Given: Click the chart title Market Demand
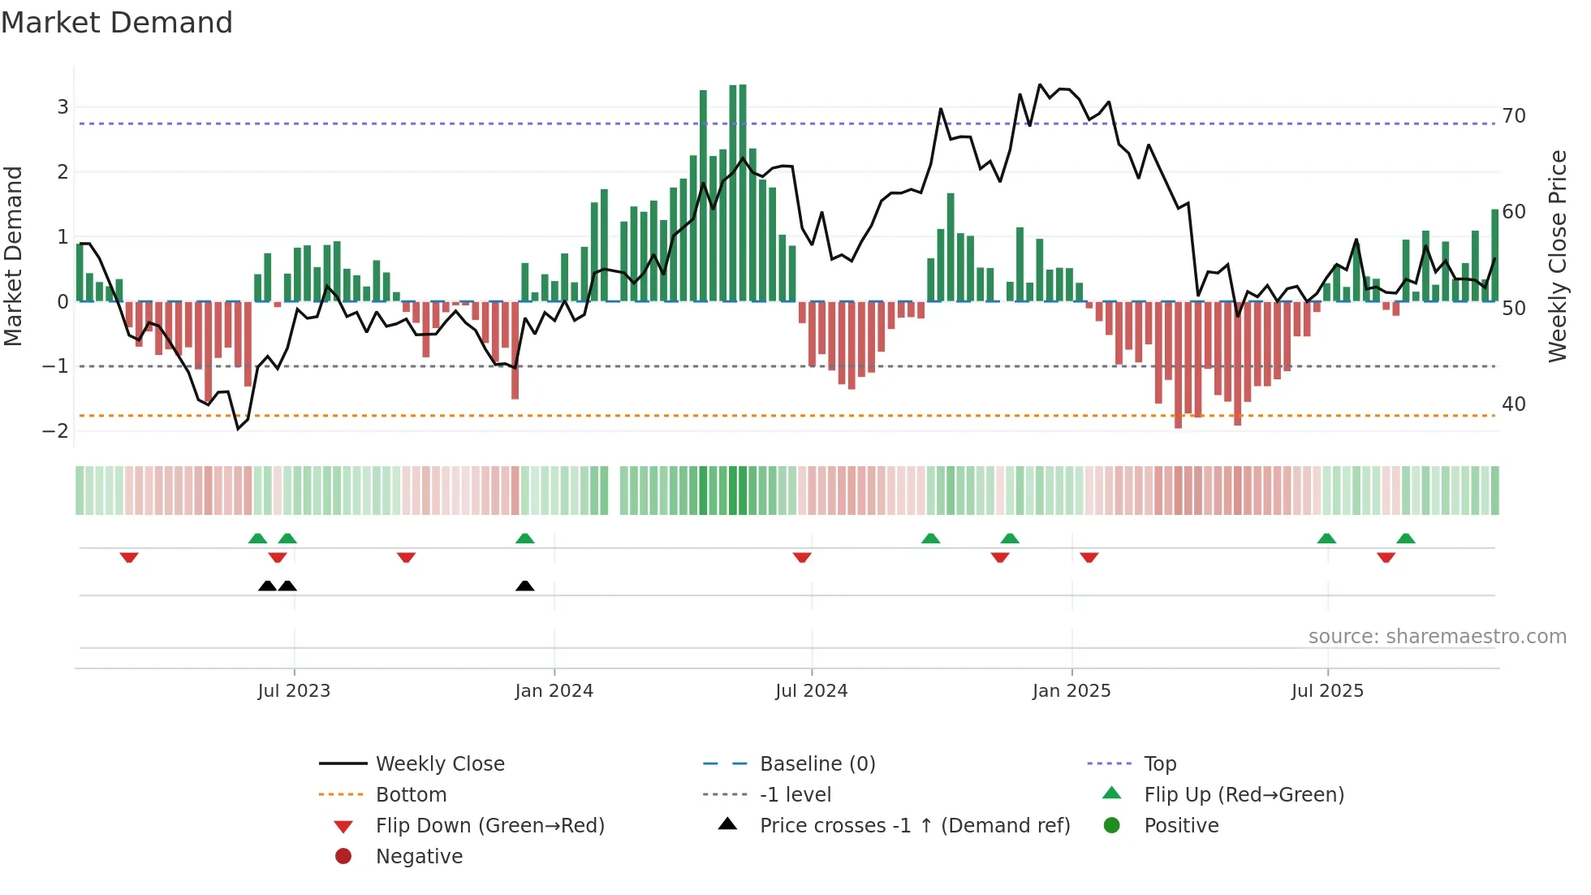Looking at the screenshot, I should (117, 23).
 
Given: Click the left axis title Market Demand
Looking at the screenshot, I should (14, 256).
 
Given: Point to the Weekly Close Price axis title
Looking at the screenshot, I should (1557, 256).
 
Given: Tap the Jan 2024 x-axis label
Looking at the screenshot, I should (554, 691).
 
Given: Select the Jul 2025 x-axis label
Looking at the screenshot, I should (1327, 691).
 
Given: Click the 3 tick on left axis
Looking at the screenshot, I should (63, 107).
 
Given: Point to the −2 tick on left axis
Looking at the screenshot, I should (55, 431).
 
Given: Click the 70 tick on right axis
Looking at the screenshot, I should (1513, 116).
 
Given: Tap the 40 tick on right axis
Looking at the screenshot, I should (1513, 404).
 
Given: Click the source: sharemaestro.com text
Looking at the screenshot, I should (1437, 637).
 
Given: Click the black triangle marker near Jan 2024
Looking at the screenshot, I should (525, 586).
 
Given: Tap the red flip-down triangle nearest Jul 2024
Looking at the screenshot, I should (802, 557).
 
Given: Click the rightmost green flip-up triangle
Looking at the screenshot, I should (1406, 538).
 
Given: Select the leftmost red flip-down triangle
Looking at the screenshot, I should (129, 557).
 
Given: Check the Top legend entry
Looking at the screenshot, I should (1159, 764).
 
